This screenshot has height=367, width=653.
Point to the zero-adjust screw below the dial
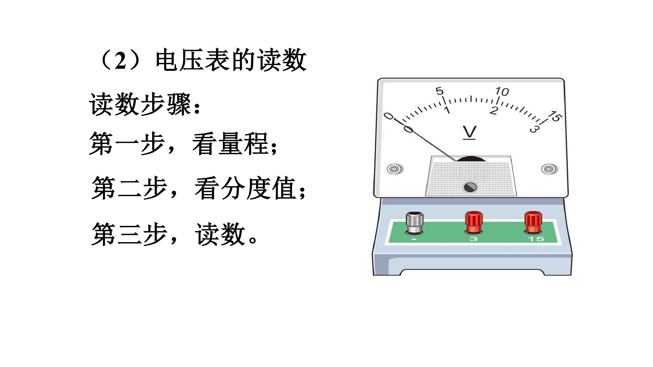tap(470, 187)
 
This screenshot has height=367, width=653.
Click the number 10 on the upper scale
tap(502, 92)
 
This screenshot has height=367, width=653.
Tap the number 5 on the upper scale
tap(440, 91)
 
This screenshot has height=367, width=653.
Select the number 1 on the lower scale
tap(447, 110)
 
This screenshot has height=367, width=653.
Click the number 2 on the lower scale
tap(494, 110)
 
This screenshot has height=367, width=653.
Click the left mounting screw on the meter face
tap(395, 169)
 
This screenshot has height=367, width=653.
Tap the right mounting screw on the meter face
tap(549, 169)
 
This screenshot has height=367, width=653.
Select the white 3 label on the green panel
tap(473, 239)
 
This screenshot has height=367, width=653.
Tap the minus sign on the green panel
tap(414, 239)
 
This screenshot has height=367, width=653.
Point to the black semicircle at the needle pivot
tap(471, 159)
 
